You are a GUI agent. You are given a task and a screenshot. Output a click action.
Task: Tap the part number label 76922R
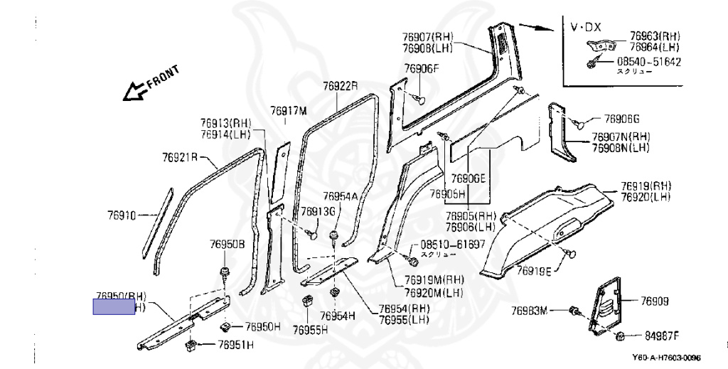(x=340, y=86)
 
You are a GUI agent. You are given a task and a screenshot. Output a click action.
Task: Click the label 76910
(x=121, y=213)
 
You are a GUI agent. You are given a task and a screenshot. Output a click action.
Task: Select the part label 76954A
(x=340, y=196)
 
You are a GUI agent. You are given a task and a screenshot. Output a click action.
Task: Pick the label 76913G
(x=317, y=211)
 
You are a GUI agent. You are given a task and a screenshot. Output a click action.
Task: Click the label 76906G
(x=622, y=119)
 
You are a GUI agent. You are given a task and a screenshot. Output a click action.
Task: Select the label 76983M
(x=530, y=310)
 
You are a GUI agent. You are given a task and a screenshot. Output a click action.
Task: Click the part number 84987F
(x=662, y=336)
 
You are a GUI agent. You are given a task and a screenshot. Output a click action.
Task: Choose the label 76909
(x=655, y=301)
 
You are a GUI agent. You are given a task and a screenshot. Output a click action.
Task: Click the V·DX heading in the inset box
(x=586, y=27)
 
